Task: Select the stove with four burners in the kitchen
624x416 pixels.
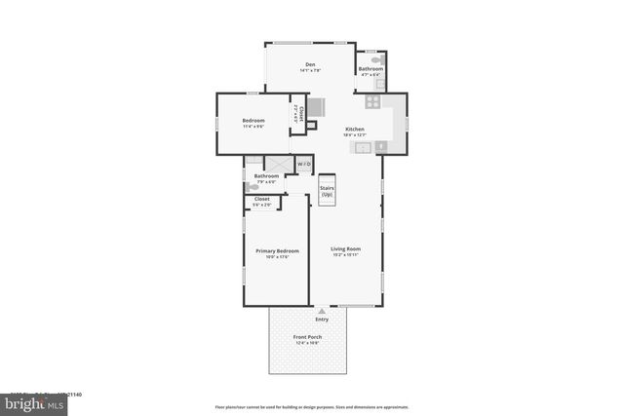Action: point(372,101)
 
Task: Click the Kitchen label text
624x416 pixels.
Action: point(354,129)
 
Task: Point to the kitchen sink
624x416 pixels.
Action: point(363,147)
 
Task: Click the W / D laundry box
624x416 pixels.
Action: point(304,164)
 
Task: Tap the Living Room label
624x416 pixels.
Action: point(345,249)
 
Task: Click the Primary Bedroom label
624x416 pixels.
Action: point(277,250)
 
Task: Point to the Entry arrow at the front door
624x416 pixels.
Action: point(322,311)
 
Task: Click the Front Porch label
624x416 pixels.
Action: point(308,337)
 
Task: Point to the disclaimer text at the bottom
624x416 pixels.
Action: point(311,406)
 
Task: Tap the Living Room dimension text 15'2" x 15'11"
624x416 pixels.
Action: point(345,255)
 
